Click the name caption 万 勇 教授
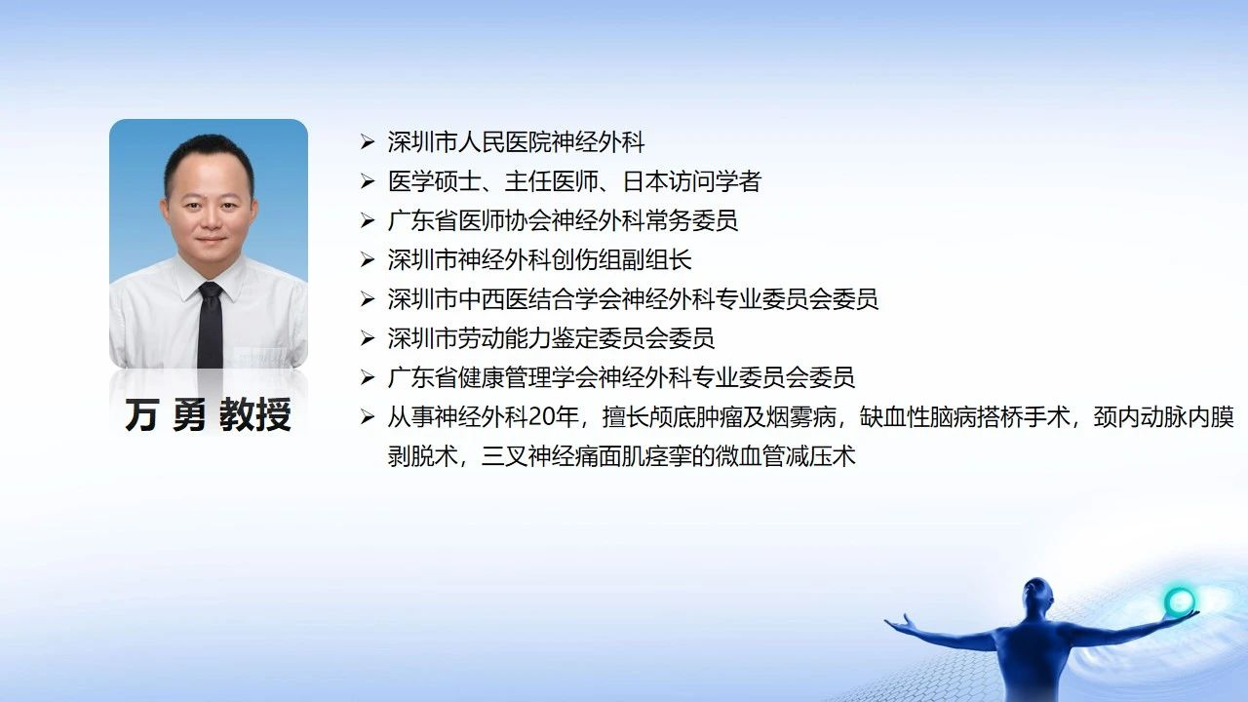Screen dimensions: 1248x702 pos(208,415)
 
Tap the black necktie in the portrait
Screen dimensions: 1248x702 pos(210,325)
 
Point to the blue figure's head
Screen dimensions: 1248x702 pos(1036,595)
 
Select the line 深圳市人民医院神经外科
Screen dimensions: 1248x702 pos(516,142)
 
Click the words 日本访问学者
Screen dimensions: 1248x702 pos(691,181)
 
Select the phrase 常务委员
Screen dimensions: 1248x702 pos(691,220)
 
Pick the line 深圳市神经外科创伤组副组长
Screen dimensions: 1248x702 pos(539,260)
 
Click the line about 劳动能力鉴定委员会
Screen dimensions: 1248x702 pos(551,338)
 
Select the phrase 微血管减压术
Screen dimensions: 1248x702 pos(786,457)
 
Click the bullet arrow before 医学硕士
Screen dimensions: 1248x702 pos(368,181)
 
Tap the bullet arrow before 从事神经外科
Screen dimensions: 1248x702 pos(368,417)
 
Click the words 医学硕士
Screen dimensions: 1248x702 pos(435,181)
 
